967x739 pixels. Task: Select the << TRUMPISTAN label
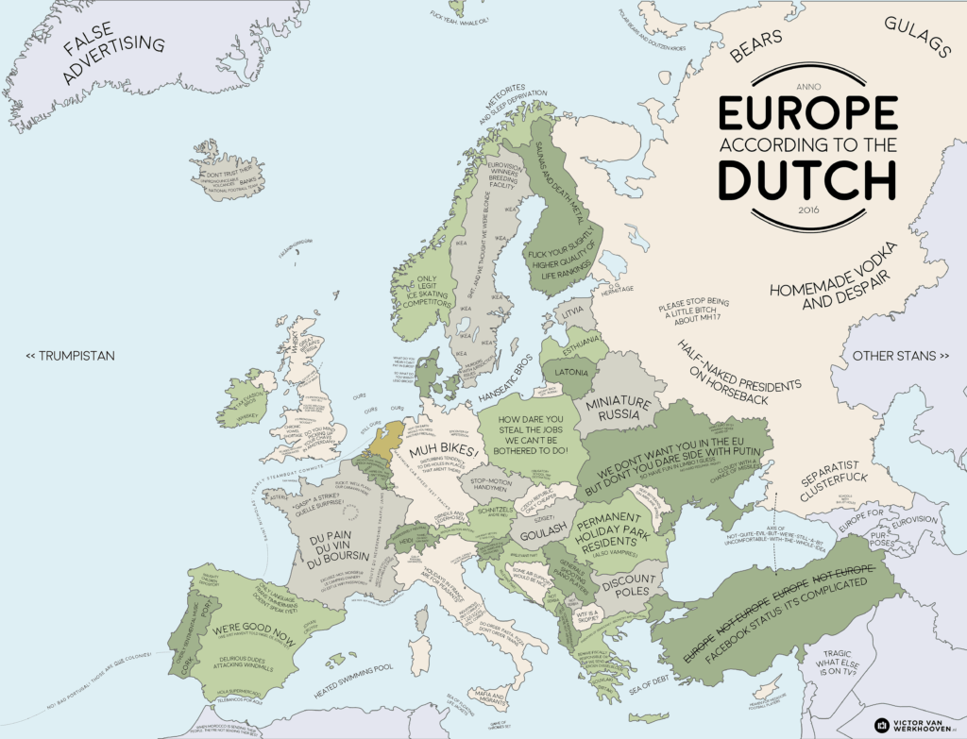[70, 356]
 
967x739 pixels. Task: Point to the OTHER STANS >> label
[900, 356]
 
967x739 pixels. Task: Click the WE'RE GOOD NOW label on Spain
[241, 625]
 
